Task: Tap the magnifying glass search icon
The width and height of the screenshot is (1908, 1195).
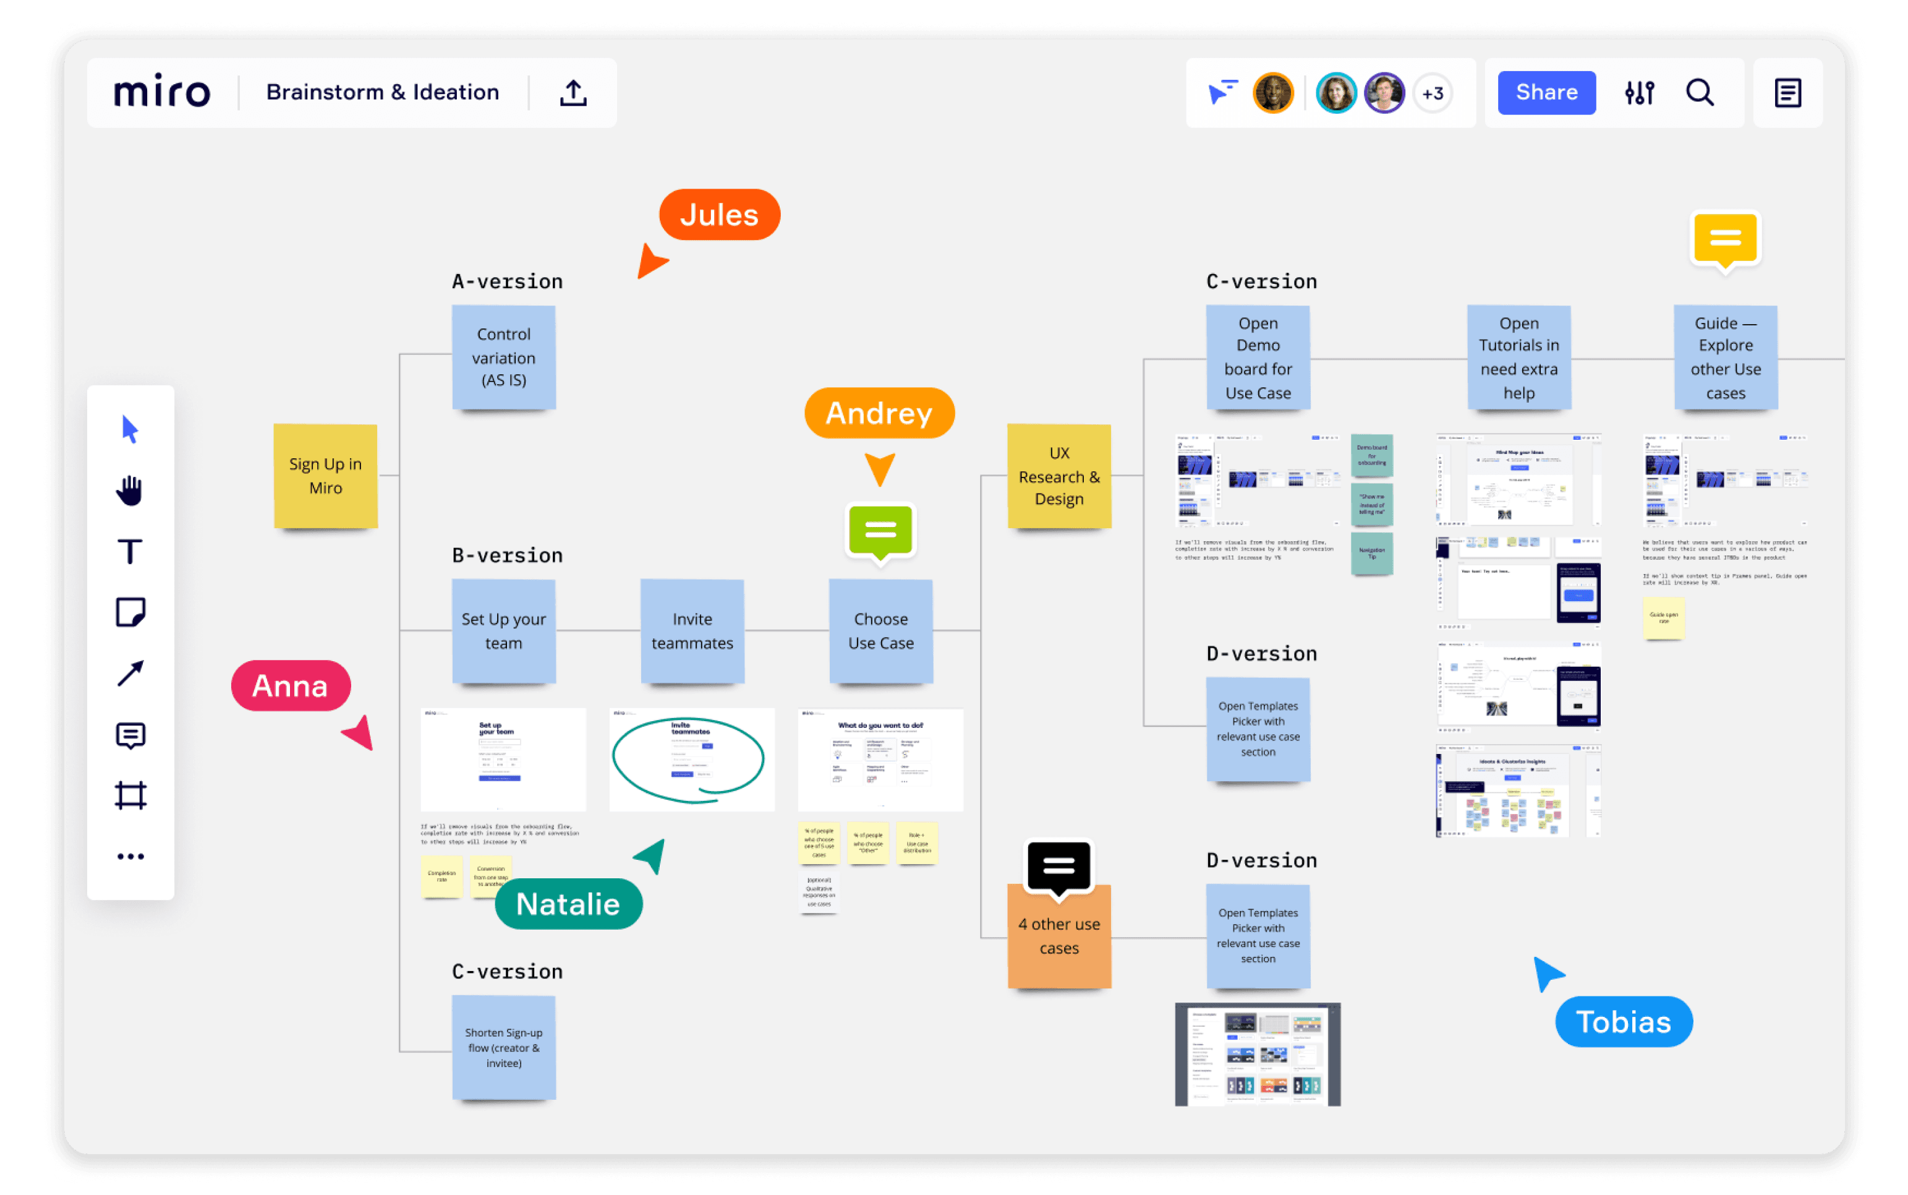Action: (1700, 93)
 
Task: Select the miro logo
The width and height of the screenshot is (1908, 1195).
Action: (162, 93)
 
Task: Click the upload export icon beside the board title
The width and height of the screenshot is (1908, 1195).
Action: (573, 93)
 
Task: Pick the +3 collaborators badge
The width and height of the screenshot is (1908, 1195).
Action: (1433, 93)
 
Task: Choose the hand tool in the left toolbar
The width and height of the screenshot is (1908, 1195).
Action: (130, 490)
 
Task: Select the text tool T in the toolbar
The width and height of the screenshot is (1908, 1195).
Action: (130, 551)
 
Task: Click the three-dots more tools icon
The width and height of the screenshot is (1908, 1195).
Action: (130, 856)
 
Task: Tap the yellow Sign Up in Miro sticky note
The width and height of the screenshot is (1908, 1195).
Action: (325, 476)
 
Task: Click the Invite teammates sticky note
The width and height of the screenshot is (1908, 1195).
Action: (692, 631)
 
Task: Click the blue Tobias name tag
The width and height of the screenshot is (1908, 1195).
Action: (1624, 1022)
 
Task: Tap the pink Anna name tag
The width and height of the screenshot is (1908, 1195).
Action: (290, 686)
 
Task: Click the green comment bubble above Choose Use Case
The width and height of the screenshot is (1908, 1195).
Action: (880, 530)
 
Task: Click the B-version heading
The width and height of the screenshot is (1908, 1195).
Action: (507, 555)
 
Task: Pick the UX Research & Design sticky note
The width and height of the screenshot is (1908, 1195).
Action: (1058, 476)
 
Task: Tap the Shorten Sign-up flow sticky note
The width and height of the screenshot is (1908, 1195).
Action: (503, 1047)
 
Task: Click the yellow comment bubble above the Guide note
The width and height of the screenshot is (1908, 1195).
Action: (1725, 238)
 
